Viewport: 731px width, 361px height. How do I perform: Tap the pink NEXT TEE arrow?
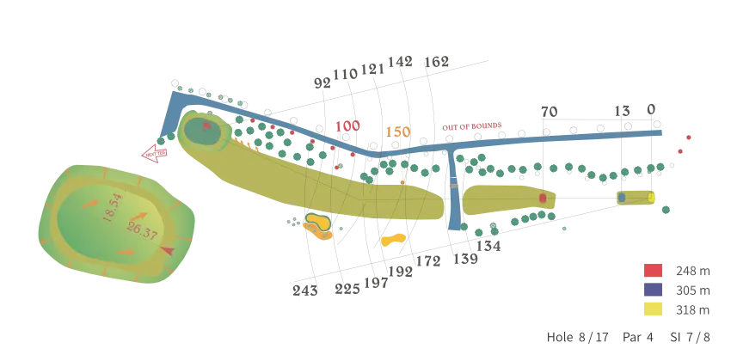(155, 153)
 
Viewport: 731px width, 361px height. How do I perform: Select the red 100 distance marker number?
(347, 127)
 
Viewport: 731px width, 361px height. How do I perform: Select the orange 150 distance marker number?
(397, 132)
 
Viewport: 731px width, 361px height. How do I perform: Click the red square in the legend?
(653, 271)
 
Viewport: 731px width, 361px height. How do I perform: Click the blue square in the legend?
(653, 290)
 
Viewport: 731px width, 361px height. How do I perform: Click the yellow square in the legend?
(653, 309)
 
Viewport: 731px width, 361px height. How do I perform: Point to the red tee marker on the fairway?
(543, 199)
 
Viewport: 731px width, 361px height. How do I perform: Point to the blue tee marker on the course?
(622, 198)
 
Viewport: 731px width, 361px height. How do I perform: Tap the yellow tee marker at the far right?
(651, 198)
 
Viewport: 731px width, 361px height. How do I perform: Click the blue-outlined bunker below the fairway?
(317, 226)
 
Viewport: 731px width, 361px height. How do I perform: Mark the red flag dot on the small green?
(206, 125)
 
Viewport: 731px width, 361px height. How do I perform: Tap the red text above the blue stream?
(471, 126)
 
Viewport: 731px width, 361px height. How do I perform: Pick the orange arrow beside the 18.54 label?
(90, 204)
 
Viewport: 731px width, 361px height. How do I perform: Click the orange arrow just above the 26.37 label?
(140, 215)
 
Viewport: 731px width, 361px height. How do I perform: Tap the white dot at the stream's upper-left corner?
(175, 84)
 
